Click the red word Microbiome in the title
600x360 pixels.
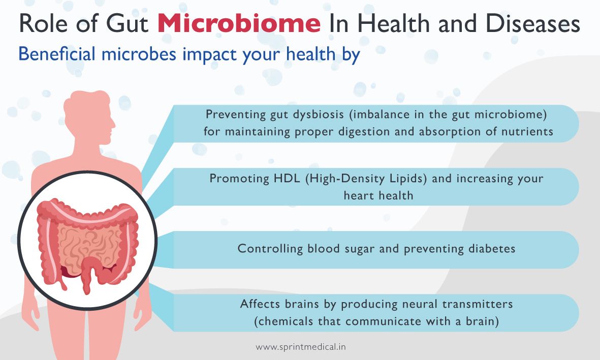pyautogui.click(x=239, y=23)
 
